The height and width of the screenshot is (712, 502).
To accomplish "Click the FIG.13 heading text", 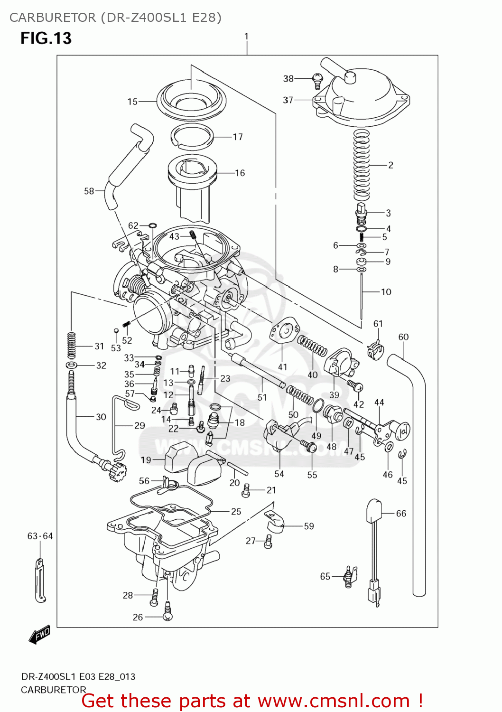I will [46, 38].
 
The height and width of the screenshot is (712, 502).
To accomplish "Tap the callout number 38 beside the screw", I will [288, 78].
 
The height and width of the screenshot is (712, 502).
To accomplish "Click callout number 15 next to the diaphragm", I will [132, 102].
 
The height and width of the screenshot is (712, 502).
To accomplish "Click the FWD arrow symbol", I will [39, 635].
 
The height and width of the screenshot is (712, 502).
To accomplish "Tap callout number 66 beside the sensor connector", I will [401, 513].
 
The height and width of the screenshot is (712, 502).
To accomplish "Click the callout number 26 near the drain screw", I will [138, 617].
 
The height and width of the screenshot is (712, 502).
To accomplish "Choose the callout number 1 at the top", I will [246, 36].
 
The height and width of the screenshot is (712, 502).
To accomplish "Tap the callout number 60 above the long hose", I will [403, 337].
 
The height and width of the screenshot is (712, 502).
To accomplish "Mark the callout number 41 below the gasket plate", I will [282, 367].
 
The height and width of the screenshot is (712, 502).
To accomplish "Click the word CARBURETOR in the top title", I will [52, 18].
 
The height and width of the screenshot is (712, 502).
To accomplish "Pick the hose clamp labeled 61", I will [375, 348].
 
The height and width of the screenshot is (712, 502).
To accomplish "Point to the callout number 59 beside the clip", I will [309, 526].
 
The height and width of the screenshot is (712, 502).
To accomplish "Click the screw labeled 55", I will [310, 446].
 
